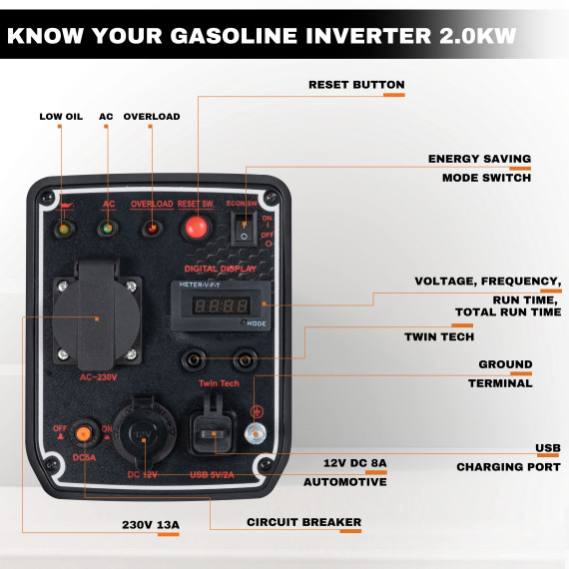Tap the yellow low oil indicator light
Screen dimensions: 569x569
(63, 231)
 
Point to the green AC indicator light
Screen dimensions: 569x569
(106, 230)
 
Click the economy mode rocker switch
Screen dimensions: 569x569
(243, 230)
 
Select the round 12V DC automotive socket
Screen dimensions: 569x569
(142, 434)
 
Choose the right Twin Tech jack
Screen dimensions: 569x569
(244, 358)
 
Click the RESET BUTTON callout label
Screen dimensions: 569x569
(356, 85)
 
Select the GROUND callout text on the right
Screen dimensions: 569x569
(505, 364)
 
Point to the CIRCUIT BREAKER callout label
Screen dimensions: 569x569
(303, 522)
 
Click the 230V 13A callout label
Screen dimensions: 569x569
(150, 523)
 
